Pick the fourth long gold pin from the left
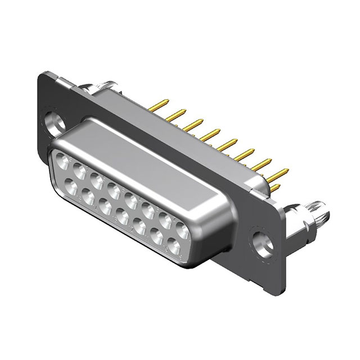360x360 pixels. click(211, 133)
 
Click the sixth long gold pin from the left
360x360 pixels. click(245, 152)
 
